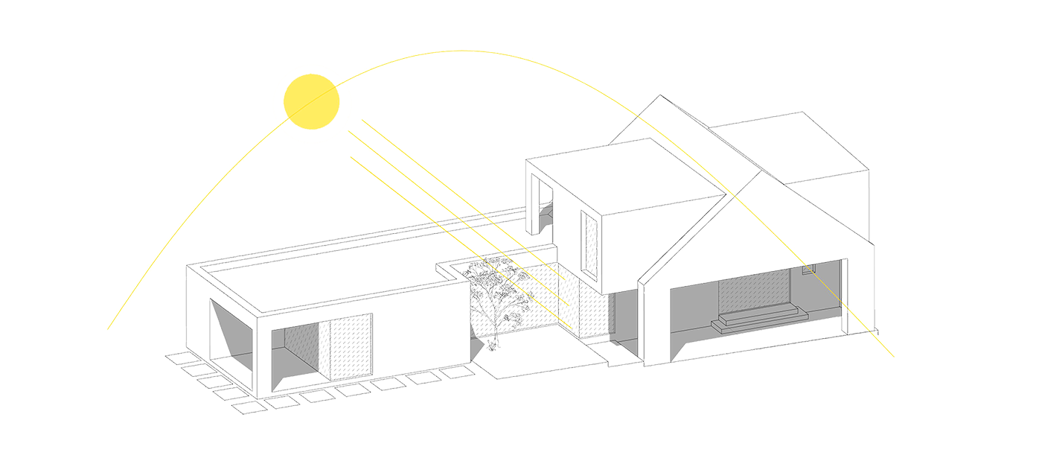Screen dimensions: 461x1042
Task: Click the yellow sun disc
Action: (312, 102)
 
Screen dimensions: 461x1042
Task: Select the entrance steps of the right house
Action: (753, 319)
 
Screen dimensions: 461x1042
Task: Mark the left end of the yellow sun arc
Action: (109, 328)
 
